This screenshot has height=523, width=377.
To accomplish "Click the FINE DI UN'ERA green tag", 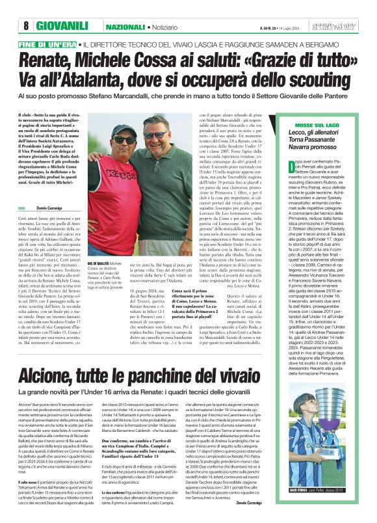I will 46,44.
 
